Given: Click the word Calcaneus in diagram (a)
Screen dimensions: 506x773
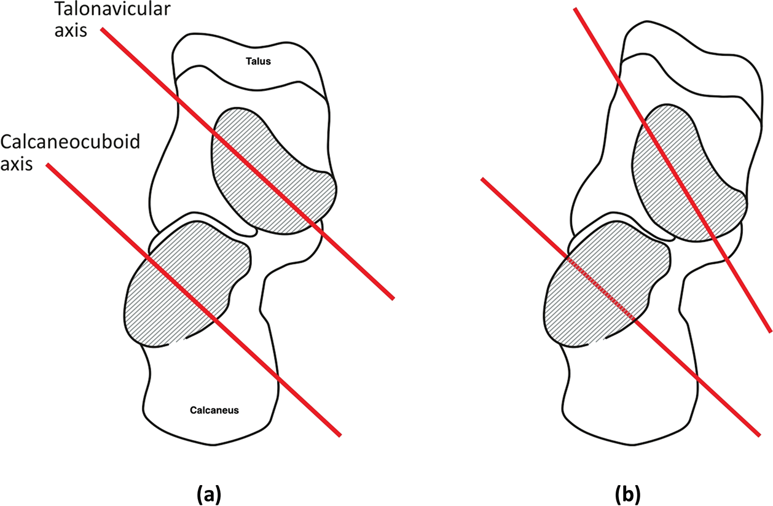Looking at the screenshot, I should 214,410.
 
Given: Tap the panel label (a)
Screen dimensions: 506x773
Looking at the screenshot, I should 208,493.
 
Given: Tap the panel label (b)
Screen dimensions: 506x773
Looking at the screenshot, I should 628,493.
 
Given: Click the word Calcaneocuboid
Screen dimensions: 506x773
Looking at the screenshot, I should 70,142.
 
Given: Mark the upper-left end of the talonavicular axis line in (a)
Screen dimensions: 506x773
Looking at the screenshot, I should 103,29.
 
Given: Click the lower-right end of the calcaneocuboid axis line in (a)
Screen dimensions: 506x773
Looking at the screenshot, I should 339,435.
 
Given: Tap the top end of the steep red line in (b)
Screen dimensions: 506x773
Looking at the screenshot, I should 575,9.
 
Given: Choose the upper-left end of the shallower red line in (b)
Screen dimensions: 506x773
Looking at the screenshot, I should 483,179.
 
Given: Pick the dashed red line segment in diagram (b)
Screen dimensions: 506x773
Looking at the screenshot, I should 602,289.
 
